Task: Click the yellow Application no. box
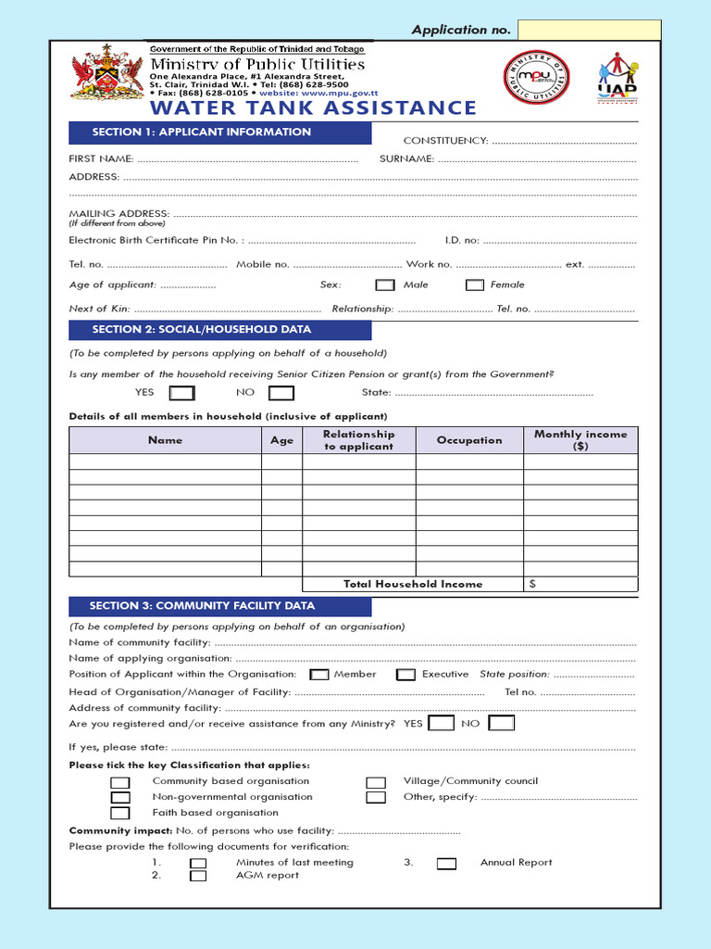coord(589,31)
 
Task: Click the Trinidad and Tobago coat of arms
coord(107,72)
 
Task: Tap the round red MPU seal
coord(536,78)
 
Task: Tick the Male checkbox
coord(385,285)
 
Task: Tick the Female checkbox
coord(475,285)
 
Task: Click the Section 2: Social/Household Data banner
coord(219,330)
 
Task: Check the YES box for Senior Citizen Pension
coord(181,393)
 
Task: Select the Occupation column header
coord(469,440)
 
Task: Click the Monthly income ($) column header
coord(580,440)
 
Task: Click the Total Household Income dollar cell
coord(580,584)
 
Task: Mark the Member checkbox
coord(319,675)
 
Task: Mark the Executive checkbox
coord(405,675)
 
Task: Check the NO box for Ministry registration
coord(501,723)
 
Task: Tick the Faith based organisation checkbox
coord(120,813)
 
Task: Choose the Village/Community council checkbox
coord(376,782)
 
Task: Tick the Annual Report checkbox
coord(446,864)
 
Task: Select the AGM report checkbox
coord(198,876)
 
